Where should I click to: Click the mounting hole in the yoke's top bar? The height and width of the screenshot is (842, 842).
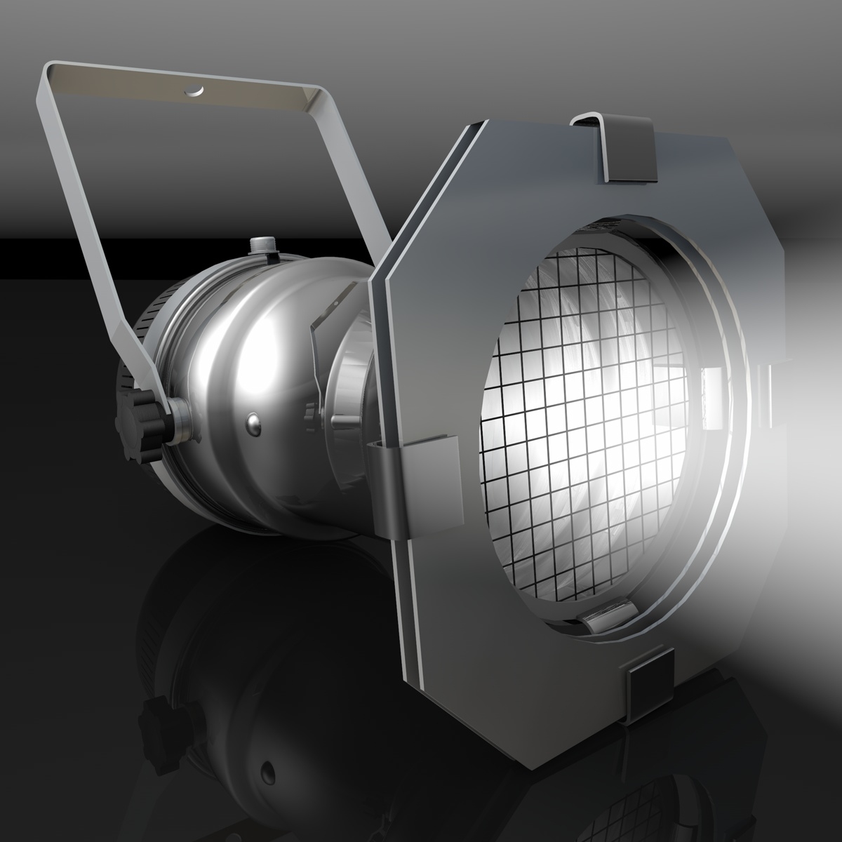[x=193, y=90]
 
